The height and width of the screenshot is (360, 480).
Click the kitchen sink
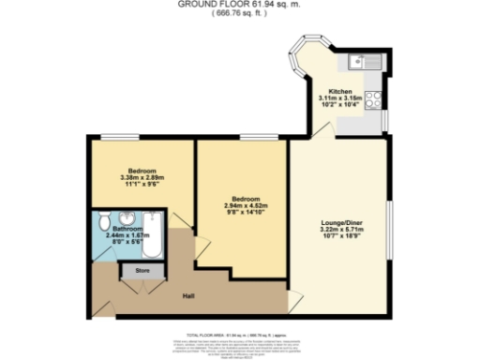tap(361, 63)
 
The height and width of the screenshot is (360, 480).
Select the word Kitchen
tap(339, 90)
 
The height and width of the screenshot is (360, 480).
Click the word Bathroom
tap(127, 229)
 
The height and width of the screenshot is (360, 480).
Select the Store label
tap(142, 271)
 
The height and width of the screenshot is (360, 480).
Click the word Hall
tap(187, 296)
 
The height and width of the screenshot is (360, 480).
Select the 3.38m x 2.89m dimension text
tap(142, 178)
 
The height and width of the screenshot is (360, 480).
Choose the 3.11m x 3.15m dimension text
tap(338, 97)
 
